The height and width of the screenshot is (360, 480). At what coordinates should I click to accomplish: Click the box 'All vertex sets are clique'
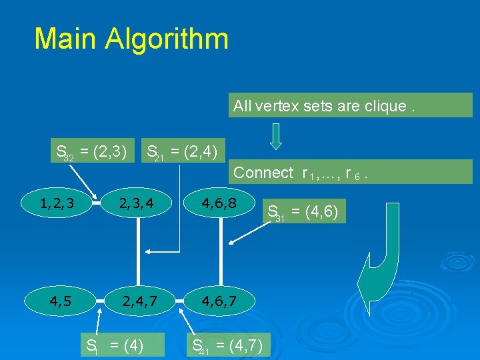pyautogui.click(x=350, y=105)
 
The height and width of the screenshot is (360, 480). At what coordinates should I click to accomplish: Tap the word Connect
pyautogui.click(x=264, y=173)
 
